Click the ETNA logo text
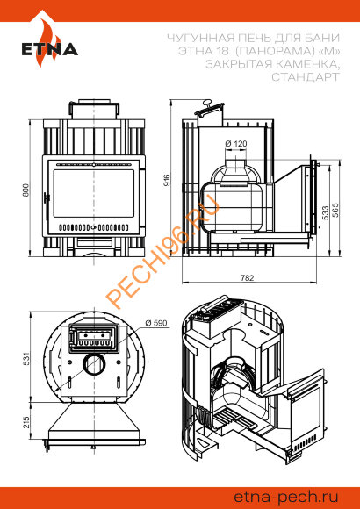click(x=50, y=48)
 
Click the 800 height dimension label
click(x=25, y=190)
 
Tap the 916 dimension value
click(x=166, y=180)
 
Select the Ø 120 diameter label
click(x=236, y=143)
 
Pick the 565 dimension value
click(x=335, y=210)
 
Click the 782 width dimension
click(x=248, y=277)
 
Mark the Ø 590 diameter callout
click(x=156, y=323)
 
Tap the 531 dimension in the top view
click(x=26, y=358)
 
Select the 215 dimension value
click(x=26, y=422)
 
